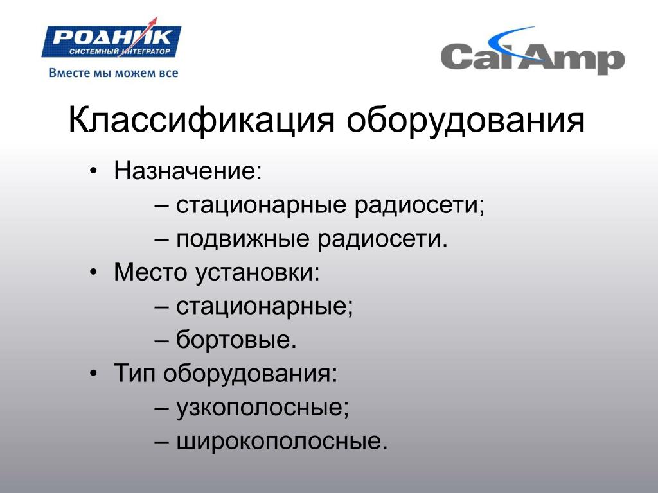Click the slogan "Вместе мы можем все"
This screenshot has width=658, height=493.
(114, 73)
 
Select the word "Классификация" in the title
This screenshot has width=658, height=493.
(201, 121)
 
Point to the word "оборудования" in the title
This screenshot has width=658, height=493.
(465, 121)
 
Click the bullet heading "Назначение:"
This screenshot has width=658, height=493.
(188, 171)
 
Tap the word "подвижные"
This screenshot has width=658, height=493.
(243, 239)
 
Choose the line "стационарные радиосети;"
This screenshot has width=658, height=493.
(330, 205)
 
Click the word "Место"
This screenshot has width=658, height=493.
(150, 272)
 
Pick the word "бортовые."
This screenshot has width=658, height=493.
(236, 339)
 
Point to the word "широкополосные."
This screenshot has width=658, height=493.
(281, 441)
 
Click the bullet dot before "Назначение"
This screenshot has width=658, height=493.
(93, 171)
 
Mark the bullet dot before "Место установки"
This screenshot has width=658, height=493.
(93, 272)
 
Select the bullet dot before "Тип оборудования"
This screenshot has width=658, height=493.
(93, 373)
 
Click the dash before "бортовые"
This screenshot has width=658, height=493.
(162, 340)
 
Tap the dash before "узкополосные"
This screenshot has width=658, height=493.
(162, 408)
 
